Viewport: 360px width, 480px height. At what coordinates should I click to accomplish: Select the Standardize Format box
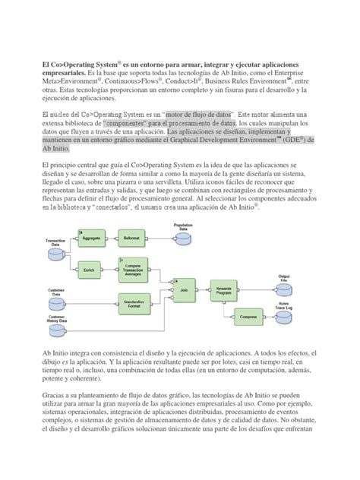(134, 303)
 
